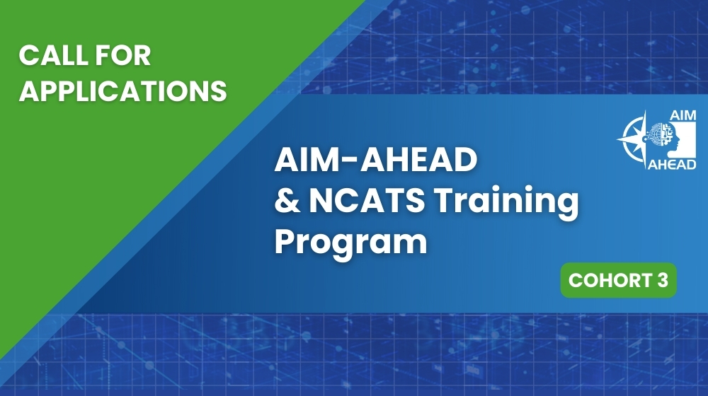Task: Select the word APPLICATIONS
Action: pyautogui.click(x=123, y=90)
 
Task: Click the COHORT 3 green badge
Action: pyautogui.click(x=618, y=281)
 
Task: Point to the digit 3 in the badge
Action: pyautogui.click(x=663, y=281)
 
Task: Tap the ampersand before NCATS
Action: pyautogui.click(x=285, y=202)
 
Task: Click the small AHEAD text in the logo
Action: pyautogui.click(x=673, y=164)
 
